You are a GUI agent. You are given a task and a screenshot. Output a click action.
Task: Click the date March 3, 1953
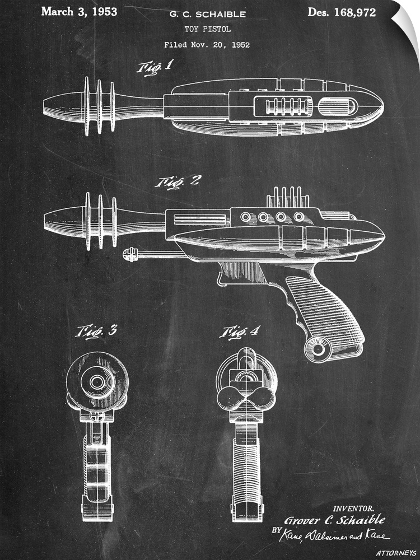point(79,12)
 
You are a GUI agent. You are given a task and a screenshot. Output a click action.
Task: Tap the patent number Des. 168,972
point(342,12)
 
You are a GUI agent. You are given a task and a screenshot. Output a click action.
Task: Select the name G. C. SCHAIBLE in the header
point(207,13)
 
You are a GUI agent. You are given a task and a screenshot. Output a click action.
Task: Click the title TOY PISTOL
point(207,29)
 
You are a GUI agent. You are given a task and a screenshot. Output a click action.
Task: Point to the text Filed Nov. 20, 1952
point(207,44)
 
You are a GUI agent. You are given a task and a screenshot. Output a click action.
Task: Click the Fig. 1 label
point(155,68)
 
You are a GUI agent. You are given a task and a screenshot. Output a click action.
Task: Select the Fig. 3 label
point(96,331)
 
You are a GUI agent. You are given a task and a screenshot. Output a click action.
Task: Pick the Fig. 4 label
point(239,332)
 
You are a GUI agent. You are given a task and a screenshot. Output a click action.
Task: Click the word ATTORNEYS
point(396,553)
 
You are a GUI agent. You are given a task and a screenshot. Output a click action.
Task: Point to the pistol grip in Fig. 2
point(325,308)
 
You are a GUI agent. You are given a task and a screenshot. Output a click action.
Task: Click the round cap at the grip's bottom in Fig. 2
point(319,349)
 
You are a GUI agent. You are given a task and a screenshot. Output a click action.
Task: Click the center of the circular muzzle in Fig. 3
point(97,382)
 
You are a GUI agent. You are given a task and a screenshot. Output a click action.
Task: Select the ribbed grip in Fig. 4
point(247,465)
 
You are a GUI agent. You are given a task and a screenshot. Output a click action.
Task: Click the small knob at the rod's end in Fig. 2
point(129,255)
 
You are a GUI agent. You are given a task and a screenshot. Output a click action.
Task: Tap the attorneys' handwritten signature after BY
point(341,536)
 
